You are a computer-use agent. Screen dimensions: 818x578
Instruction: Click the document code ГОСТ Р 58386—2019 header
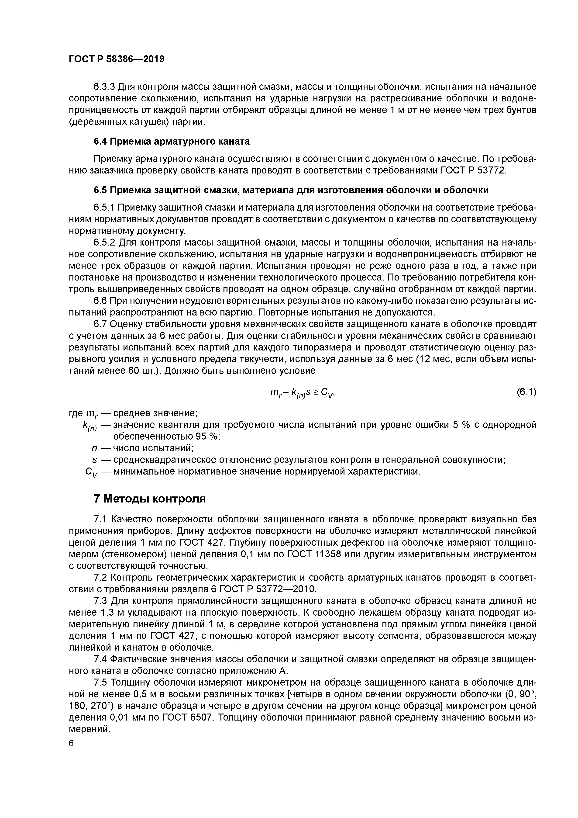pyautogui.click(x=117, y=59)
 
